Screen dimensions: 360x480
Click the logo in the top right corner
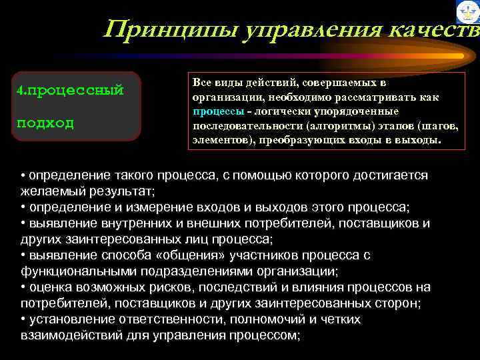click(x=468, y=12)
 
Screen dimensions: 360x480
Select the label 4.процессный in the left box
click(x=70, y=90)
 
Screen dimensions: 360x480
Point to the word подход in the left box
click(x=46, y=123)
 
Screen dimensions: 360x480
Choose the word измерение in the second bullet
click(x=155, y=207)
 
